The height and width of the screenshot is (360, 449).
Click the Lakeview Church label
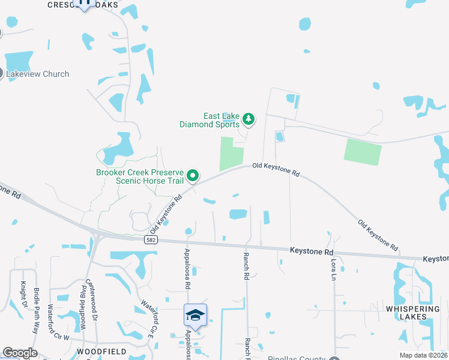click(38, 74)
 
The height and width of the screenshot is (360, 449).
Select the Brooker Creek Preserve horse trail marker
click(193, 176)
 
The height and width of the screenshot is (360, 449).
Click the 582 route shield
click(152, 239)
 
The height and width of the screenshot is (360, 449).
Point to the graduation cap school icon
click(195, 315)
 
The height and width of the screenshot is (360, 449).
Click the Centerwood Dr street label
click(90, 298)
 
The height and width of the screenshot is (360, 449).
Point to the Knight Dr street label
click(25, 294)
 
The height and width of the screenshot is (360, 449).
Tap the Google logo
click(20, 353)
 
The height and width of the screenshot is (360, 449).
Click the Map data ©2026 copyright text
click(423, 355)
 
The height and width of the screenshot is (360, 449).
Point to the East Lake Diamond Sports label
click(212, 120)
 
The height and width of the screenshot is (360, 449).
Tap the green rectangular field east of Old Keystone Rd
click(363, 152)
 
